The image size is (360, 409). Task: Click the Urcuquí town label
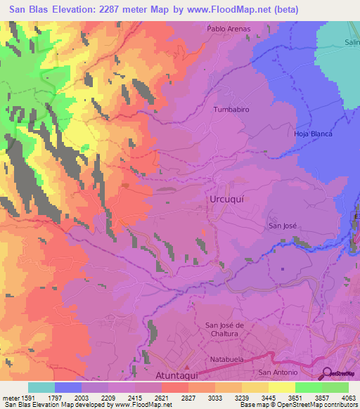[226, 200]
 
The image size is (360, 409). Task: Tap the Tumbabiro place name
[231, 110]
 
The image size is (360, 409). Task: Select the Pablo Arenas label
[229, 29]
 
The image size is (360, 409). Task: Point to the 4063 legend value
[349, 398]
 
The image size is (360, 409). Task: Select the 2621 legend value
[161, 398]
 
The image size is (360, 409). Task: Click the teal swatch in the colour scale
[41, 387]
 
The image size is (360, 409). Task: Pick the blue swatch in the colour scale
[68, 387]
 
